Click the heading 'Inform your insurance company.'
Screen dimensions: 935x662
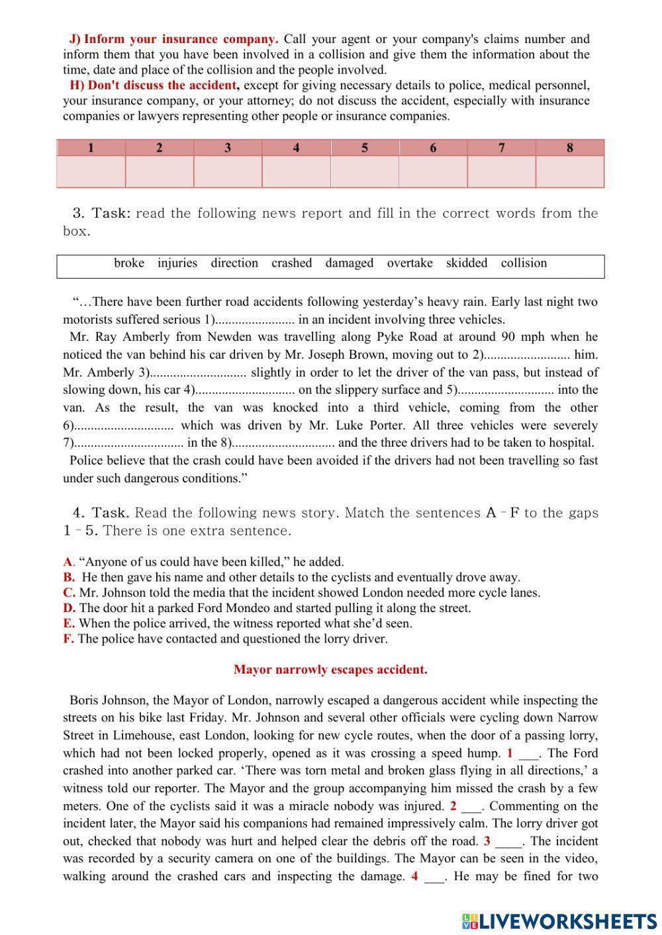click(180, 39)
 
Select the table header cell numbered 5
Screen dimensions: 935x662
click(365, 148)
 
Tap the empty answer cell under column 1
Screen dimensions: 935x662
click(91, 171)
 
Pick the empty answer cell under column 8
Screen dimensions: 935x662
click(569, 171)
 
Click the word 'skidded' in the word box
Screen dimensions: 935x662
click(466, 263)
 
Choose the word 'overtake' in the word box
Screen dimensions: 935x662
click(410, 263)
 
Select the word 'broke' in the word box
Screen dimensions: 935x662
click(129, 263)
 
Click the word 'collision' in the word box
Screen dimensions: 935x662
click(524, 263)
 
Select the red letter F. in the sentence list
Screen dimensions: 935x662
click(69, 639)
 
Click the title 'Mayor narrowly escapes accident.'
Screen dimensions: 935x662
click(330, 670)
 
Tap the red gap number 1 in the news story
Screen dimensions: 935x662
click(510, 753)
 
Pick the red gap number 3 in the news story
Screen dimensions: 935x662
click(487, 841)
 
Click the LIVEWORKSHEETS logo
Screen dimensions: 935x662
click(559, 920)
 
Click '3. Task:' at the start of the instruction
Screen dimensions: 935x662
click(101, 213)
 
